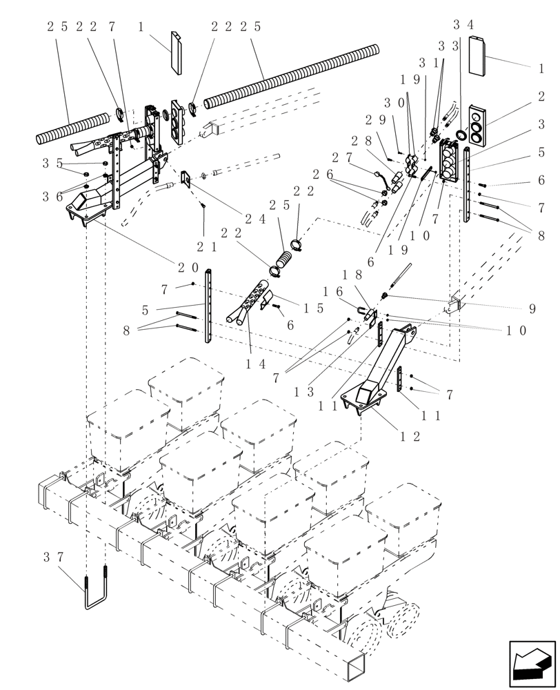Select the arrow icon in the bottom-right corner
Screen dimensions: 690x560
[532, 664]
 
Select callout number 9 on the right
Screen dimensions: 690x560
[532, 308]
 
